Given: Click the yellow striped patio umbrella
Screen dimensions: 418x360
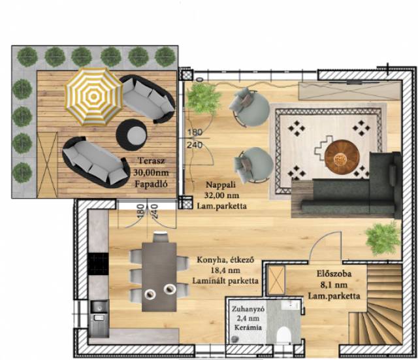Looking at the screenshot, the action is coord(93,97).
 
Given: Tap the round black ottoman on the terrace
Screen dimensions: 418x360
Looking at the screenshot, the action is coord(132,135).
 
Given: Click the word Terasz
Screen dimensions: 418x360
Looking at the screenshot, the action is coord(152,161).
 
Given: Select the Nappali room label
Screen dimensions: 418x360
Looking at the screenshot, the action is coord(221,184).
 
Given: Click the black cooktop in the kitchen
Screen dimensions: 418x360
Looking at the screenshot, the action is coord(98,264).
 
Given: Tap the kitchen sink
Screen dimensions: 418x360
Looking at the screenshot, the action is coord(99,307).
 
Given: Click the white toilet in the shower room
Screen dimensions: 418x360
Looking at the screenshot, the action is coord(283,335).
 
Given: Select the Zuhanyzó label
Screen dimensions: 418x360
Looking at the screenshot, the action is coord(248,309).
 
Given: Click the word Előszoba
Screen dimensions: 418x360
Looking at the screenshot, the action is coord(334,274).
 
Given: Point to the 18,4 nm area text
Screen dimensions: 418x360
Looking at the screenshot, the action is coord(225,270).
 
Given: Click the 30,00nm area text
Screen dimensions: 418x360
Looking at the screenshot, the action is coord(151,172).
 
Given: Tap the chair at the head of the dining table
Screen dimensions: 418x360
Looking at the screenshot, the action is coord(161,237).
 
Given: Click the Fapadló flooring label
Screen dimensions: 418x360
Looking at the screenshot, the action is coord(151,184).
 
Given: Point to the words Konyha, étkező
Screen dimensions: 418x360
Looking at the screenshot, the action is coord(225,259).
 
